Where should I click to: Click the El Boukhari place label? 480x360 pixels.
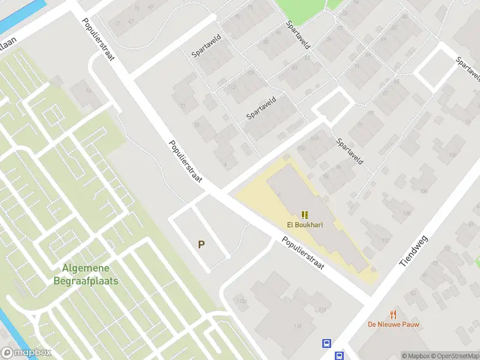point(305,226)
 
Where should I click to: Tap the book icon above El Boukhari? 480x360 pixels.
point(305,215)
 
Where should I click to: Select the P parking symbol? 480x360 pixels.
point(201,244)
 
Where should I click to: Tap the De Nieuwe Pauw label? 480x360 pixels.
point(394,325)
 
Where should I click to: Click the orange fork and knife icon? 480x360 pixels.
point(394,314)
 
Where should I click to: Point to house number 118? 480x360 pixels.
point(297,326)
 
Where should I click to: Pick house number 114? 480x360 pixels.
point(323,310)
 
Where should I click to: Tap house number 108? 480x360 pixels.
point(424,191)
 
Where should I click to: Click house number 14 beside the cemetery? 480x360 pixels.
point(89,91)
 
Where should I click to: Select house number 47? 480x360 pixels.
point(131,22)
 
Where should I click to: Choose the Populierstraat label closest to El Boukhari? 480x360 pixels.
point(304,254)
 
